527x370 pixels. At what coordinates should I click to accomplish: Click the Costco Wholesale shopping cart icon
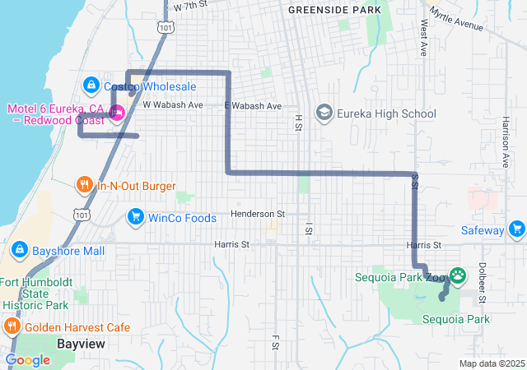click(91, 85)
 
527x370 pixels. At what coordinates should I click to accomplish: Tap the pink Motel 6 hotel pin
click(117, 113)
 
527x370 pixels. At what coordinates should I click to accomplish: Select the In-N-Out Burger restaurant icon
click(84, 185)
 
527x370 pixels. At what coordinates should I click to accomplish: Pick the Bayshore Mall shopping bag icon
click(19, 249)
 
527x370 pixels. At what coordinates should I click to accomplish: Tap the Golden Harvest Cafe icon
click(12, 326)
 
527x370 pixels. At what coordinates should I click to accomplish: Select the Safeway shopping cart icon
click(516, 229)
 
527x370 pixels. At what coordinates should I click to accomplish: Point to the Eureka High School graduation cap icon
click(324, 113)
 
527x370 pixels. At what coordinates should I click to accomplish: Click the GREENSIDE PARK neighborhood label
click(334, 10)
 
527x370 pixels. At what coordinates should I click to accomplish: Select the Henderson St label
click(257, 214)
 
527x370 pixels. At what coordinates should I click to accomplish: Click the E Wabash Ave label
click(253, 106)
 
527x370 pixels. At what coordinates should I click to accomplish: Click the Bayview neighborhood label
click(81, 343)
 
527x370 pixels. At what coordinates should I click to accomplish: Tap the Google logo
click(27, 360)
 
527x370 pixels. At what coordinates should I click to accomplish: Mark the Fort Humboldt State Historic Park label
click(35, 294)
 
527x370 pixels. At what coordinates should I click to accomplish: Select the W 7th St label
click(190, 6)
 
